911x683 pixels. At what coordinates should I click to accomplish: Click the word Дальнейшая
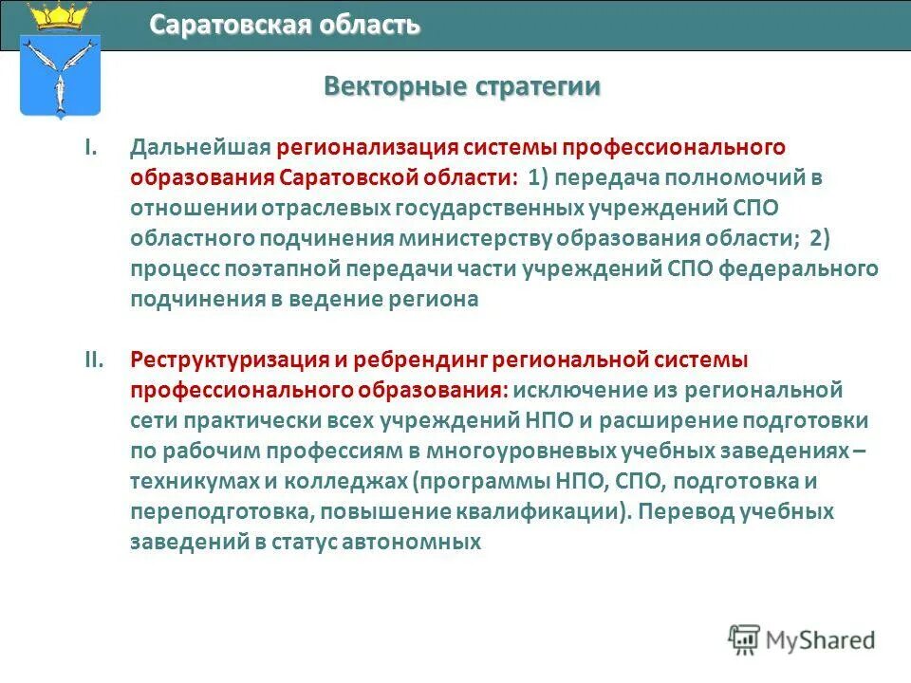201,148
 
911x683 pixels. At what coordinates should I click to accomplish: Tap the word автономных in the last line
413,542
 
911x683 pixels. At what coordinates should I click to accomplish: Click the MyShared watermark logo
802,639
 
